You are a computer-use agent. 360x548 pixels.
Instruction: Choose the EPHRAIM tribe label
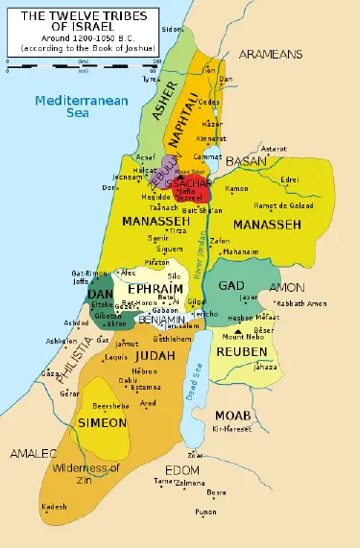click(x=153, y=288)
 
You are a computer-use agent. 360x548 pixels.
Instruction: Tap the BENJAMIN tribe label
click(x=161, y=320)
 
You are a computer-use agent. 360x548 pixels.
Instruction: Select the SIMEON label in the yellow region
click(x=103, y=422)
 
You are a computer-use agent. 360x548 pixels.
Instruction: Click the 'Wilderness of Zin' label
click(x=88, y=473)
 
